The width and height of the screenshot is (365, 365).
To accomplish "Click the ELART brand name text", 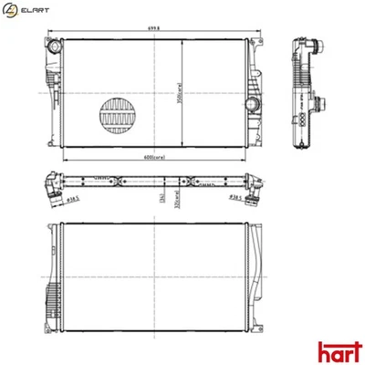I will pyautogui.click(x=36, y=12).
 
